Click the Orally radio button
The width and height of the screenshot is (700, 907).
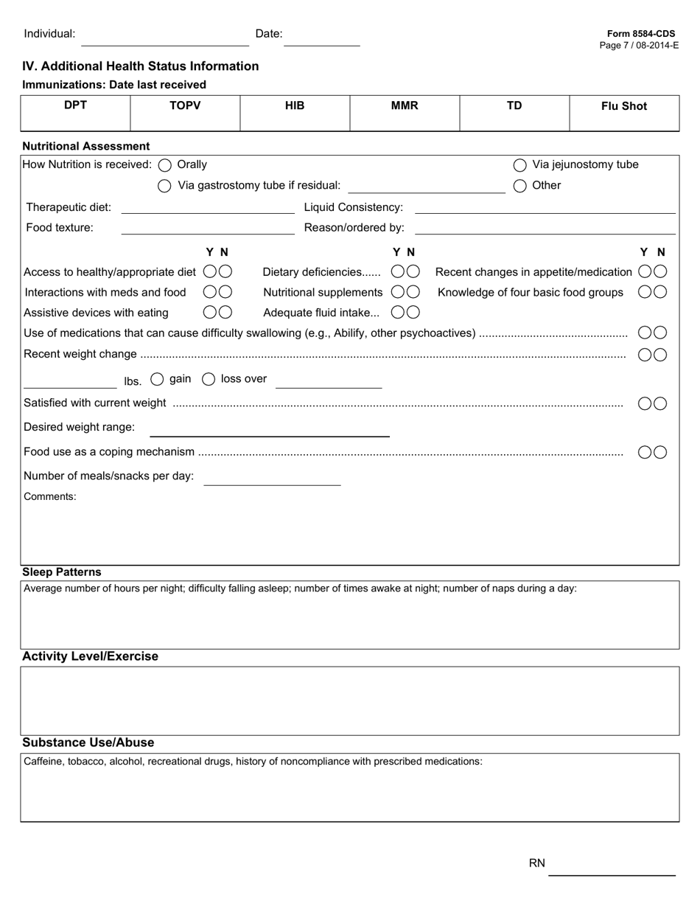click(x=165, y=165)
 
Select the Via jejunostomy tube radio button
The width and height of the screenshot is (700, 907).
click(x=520, y=165)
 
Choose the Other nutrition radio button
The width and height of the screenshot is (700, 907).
click(x=520, y=186)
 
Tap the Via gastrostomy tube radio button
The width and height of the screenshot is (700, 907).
click(x=165, y=186)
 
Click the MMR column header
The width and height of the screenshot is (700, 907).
click(x=405, y=106)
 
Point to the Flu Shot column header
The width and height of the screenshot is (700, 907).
click(x=623, y=106)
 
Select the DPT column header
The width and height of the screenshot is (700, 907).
click(x=75, y=105)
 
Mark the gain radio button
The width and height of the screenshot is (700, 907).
click(x=157, y=379)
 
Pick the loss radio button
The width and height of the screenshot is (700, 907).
click(x=209, y=379)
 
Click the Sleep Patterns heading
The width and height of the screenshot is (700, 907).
click(x=62, y=572)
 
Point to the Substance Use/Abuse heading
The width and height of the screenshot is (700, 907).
click(x=88, y=743)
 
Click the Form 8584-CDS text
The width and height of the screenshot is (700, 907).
click(x=640, y=34)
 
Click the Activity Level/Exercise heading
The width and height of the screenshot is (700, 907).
click(x=90, y=656)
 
